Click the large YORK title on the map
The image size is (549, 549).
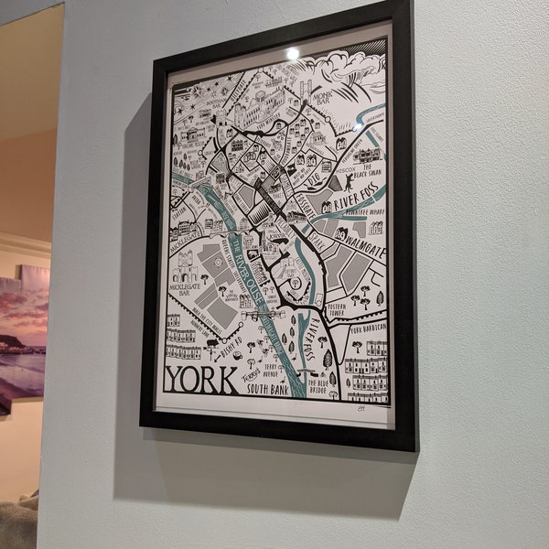click(x=201, y=378)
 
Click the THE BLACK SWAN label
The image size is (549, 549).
click(x=370, y=174)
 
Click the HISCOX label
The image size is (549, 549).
click(x=345, y=170)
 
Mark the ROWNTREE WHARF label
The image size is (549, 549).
click(x=364, y=213)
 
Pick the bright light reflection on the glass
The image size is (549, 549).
click(x=292, y=54)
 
